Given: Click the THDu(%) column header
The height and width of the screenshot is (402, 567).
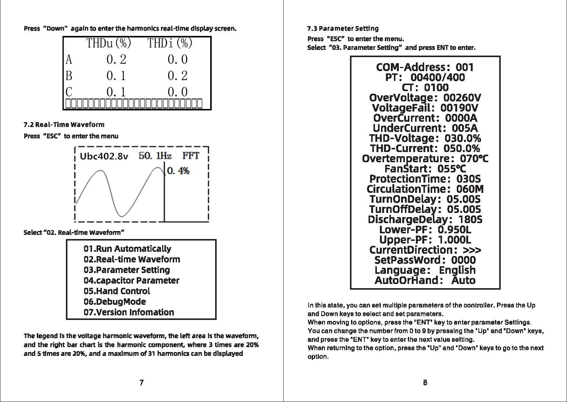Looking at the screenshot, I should pyautogui.click(x=109, y=43).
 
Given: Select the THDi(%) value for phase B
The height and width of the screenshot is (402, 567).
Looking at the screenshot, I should pyautogui.click(x=177, y=76).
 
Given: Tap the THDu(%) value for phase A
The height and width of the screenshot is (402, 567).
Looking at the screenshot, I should pyautogui.click(x=116, y=59).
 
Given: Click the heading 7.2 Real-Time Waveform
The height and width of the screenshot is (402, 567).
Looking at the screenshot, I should pyautogui.click(x=64, y=124).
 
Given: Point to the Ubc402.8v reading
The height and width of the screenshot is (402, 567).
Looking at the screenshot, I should pyautogui.click(x=104, y=156).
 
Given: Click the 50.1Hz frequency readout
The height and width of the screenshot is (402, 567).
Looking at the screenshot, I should pyautogui.click(x=155, y=155).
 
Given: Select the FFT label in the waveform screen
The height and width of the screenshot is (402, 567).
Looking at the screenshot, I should pyautogui.click(x=191, y=155).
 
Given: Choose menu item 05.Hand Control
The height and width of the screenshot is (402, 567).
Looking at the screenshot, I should pyautogui.click(x=117, y=291).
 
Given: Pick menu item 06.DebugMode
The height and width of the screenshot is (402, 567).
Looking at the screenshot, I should pyautogui.click(x=114, y=301).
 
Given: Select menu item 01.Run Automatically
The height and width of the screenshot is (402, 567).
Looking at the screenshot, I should pyautogui.click(x=127, y=248).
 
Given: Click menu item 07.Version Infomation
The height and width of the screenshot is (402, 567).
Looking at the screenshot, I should pyautogui.click(x=129, y=312).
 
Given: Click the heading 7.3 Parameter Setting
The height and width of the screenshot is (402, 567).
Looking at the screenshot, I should pyautogui.click(x=342, y=28).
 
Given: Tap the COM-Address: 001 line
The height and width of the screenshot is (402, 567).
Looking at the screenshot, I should pyautogui.click(x=425, y=67).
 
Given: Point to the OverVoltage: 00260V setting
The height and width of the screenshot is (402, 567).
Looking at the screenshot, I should pyautogui.click(x=425, y=98).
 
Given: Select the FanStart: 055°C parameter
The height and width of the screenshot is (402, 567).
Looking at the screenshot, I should pyautogui.click(x=425, y=168).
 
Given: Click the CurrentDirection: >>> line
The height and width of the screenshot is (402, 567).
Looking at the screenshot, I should pyautogui.click(x=425, y=250).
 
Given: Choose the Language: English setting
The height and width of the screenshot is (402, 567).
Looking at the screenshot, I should pyautogui.click(x=425, y=270).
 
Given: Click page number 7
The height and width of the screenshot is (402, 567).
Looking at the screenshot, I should pyautogui.click(x=141, y=382).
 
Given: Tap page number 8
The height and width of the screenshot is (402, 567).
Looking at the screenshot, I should pyautogui.click(x=425, y=382).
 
